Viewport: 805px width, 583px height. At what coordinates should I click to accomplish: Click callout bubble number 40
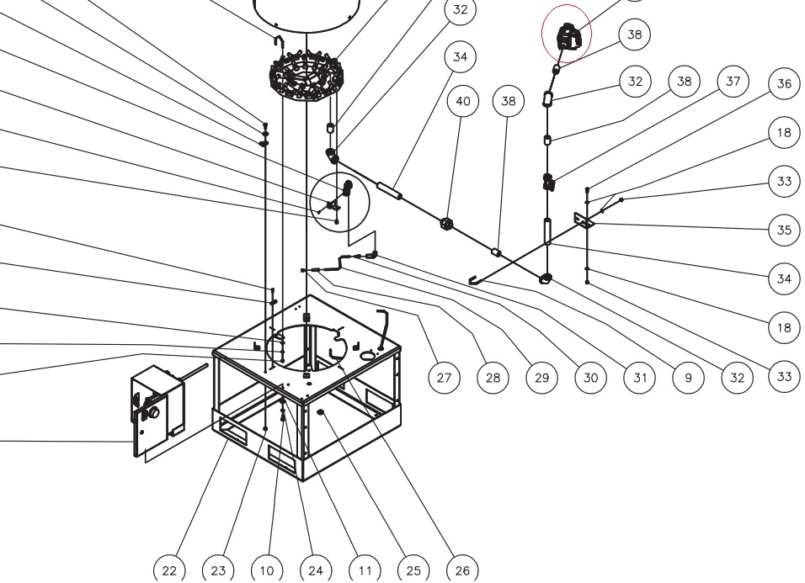coord(463,102)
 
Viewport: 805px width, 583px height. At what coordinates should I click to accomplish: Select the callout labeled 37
coord(733,82)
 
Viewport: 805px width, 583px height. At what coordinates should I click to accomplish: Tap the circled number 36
coord(785,84)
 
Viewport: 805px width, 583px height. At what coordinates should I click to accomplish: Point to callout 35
coord(785,231)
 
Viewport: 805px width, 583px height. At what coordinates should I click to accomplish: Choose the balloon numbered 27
coord(444,378)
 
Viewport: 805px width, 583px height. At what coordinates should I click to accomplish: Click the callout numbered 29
coord(541,378)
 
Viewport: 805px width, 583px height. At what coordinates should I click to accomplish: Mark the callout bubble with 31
coord(639,378)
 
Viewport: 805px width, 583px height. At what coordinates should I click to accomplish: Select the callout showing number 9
coord(688,378)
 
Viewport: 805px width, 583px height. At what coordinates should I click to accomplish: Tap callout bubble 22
coord(169,570)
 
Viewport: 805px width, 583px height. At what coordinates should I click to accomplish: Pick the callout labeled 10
coord(267,570)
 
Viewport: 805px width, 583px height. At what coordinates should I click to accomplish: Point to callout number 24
coord(316,570)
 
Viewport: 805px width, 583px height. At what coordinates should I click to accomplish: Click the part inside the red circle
coord(568,36)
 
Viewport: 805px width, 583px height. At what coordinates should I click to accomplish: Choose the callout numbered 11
coord(365,570)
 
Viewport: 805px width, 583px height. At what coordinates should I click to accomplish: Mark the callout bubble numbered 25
coord(413,570)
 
